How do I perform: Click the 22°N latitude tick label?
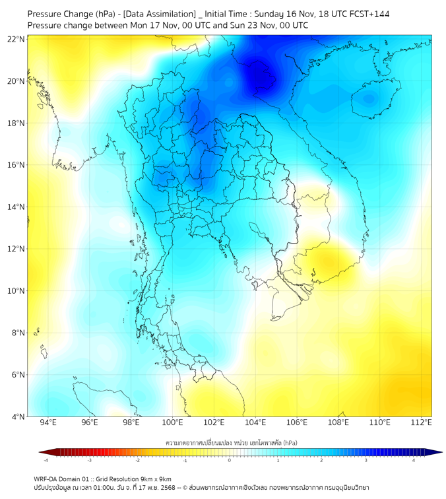(x=16, y=39)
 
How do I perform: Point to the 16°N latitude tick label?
(x=16, y=165)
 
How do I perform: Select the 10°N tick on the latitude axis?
(x=16, y=291)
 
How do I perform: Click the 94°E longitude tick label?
(x=48, y=423)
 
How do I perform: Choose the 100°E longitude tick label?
(x=173, y=423)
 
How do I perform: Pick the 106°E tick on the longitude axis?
(x=297, y=423)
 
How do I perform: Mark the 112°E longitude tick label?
(x=422, y=423)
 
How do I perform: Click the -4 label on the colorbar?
(x=46, y=461)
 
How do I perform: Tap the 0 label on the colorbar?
(x=230, y=461)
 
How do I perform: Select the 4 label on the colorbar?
(x=414, y=461)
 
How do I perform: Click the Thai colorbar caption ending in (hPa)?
(x=231, y=442)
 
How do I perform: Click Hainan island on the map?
(x=367, y=100)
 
